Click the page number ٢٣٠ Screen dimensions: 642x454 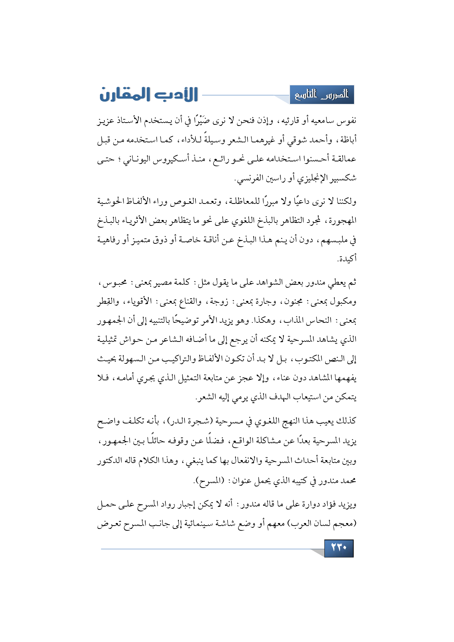coord(339,548)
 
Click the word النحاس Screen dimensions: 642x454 coord(320,321)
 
